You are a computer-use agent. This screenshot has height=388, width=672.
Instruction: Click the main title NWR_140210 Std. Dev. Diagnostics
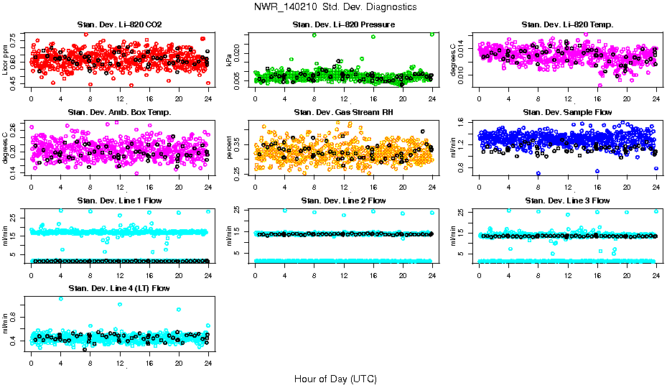point(335,6)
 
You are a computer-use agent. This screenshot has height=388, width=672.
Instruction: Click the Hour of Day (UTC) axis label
point(335,379)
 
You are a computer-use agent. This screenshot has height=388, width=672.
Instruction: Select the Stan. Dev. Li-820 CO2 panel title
point(119,25)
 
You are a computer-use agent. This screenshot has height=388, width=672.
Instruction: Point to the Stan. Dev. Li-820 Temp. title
point(567,25)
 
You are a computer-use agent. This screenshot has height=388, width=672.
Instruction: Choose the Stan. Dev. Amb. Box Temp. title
point(119,112)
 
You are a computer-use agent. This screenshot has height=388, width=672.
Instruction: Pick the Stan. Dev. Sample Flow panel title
point(567,112)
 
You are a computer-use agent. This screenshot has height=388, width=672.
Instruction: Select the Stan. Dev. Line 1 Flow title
point(119,200)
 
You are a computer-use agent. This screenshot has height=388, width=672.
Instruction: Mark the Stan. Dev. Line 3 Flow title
point(567,200)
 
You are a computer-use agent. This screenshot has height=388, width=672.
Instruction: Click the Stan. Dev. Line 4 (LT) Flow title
point(119,288)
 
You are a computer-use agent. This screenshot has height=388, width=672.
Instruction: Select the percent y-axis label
point(230,148)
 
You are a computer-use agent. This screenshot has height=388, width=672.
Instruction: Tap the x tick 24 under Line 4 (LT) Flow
point(207,363)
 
